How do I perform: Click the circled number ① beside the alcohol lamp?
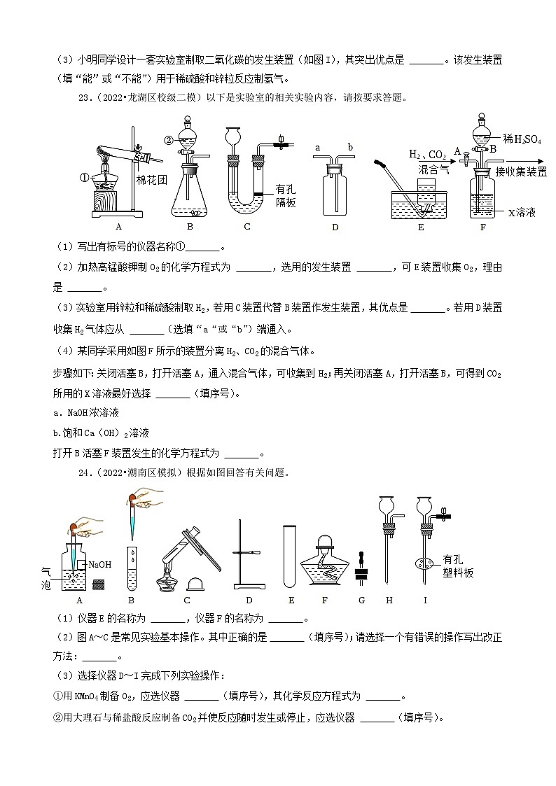(x=85, y=177)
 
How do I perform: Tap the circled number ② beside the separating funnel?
(x=169, y=139)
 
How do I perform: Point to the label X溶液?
(x=521, y=212)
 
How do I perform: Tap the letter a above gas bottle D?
(x=318, y=148)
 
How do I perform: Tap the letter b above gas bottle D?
(x=349, y=148)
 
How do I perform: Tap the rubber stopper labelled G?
(x=361, y=567)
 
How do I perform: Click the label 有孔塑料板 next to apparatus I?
(x=458, y=566)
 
